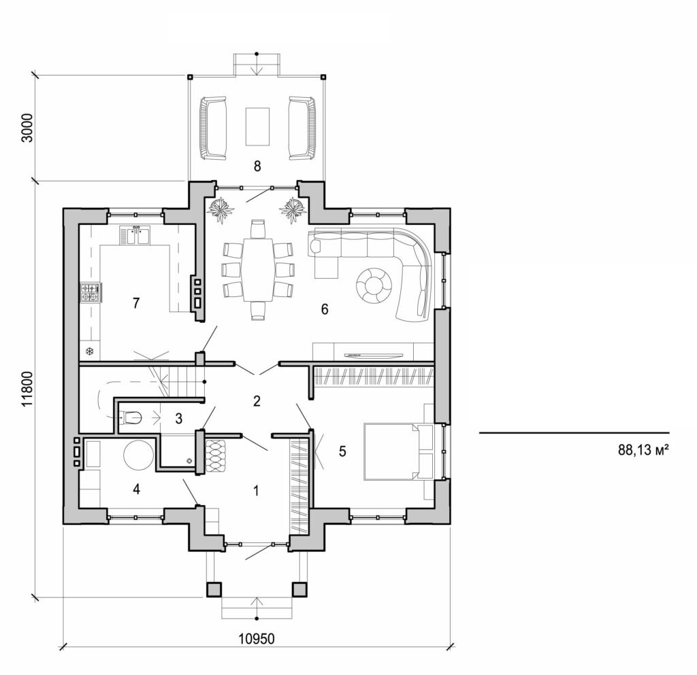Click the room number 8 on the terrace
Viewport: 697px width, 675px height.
coord(257,166)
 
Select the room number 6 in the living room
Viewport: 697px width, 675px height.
coord(325,309)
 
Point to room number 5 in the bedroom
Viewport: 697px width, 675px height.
coord(343,450)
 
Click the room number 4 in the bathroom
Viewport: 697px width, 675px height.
coord(136,488)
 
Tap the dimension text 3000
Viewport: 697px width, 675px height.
coord(27,126)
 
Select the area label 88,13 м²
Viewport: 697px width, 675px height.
coord(642,449)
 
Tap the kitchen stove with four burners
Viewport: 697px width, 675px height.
coord(90,292)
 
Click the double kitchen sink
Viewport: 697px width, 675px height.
coord(135,235)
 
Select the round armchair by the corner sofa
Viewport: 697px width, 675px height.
coord(374,285)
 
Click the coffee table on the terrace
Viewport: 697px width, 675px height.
coord(257,126)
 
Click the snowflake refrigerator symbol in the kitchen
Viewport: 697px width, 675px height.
coord(88,351)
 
